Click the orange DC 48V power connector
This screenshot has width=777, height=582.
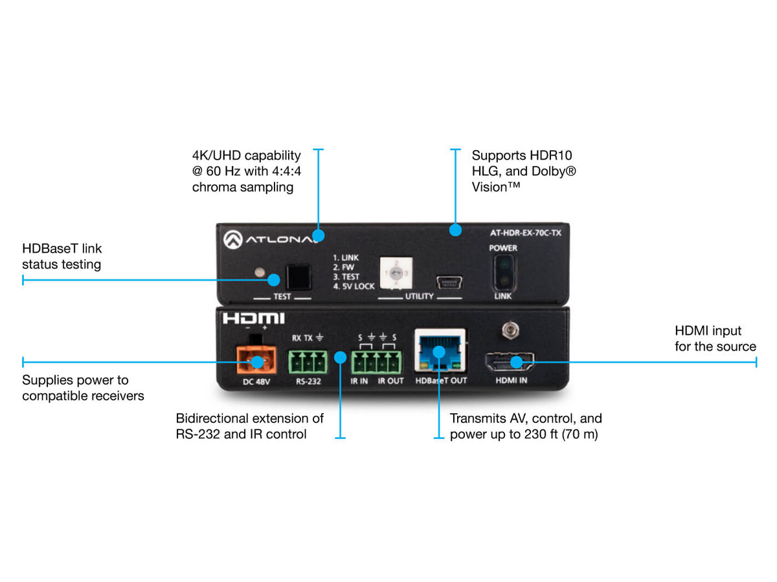click(254, 361)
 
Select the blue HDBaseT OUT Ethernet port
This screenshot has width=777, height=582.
click(440, 353)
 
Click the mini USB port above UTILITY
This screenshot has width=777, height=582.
click(448, 282)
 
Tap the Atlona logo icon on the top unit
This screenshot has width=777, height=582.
click(232, 239)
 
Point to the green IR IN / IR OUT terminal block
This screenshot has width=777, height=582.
click(377, 362)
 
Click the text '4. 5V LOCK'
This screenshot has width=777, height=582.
click(354, 286)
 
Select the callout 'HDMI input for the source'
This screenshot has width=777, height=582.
click(715, 339)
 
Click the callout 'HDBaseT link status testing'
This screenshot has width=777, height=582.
click(62, 256)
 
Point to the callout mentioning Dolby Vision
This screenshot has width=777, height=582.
click(523, 171)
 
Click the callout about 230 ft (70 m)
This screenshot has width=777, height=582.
click(526, 426)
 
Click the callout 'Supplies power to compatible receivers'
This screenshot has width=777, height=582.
click(83, 388)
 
